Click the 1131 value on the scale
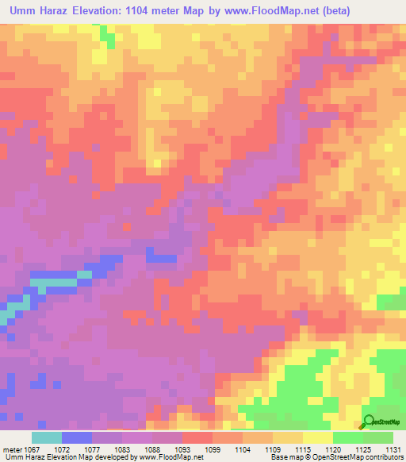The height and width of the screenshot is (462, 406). click(x=391, y=449)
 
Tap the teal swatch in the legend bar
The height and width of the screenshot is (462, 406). click(x=47, y=437)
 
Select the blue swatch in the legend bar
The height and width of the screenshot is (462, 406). click(x=77, y=437)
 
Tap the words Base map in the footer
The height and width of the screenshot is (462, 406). click(x=285, y=457)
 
